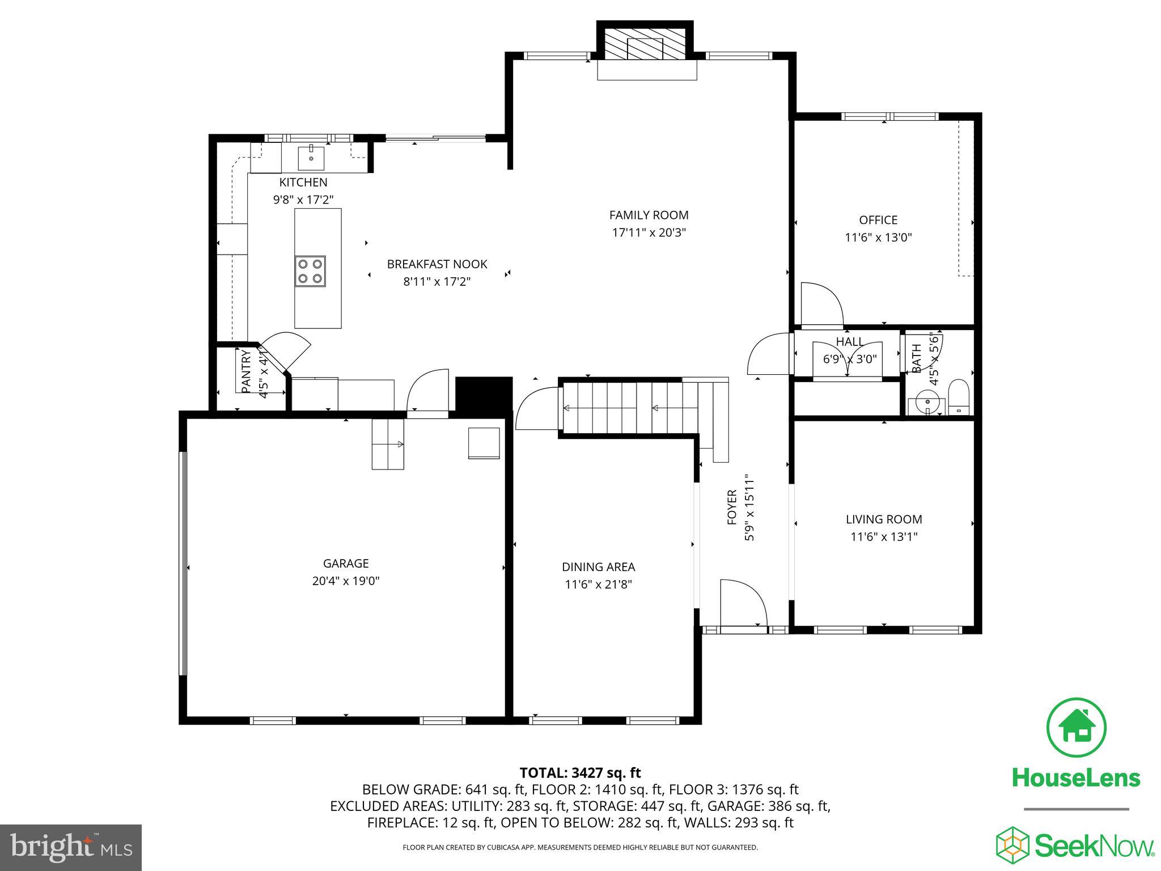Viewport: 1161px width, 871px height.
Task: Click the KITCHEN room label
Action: pos(303,183)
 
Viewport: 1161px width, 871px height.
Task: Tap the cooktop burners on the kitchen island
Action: pos(310,271)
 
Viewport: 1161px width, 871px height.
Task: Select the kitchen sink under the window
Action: pos(311,158)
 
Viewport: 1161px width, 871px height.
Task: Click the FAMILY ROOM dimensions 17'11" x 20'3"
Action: pos(649,232)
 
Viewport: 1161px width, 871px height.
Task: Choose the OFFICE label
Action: pos(878,220)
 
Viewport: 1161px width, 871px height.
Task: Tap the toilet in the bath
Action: pos(959,396)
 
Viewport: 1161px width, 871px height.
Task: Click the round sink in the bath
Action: pos(928,404)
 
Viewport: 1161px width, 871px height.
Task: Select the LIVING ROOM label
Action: pos(884,519)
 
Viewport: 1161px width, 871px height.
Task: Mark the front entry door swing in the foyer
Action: pos(743,602)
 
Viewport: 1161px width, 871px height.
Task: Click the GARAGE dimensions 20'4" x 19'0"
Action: pos(346,581)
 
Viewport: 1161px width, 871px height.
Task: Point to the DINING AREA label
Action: pos(598,567)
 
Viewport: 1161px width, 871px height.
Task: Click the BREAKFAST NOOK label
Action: pos(437,264)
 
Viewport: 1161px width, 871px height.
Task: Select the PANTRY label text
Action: pos(246,371)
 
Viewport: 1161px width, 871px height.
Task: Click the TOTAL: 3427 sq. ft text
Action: pos(580,773)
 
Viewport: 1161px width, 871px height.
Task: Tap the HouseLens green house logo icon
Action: pos(1075,728)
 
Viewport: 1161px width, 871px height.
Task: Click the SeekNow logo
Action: pos(1075,845)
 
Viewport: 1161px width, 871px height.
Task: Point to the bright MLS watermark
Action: pos(71,848)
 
